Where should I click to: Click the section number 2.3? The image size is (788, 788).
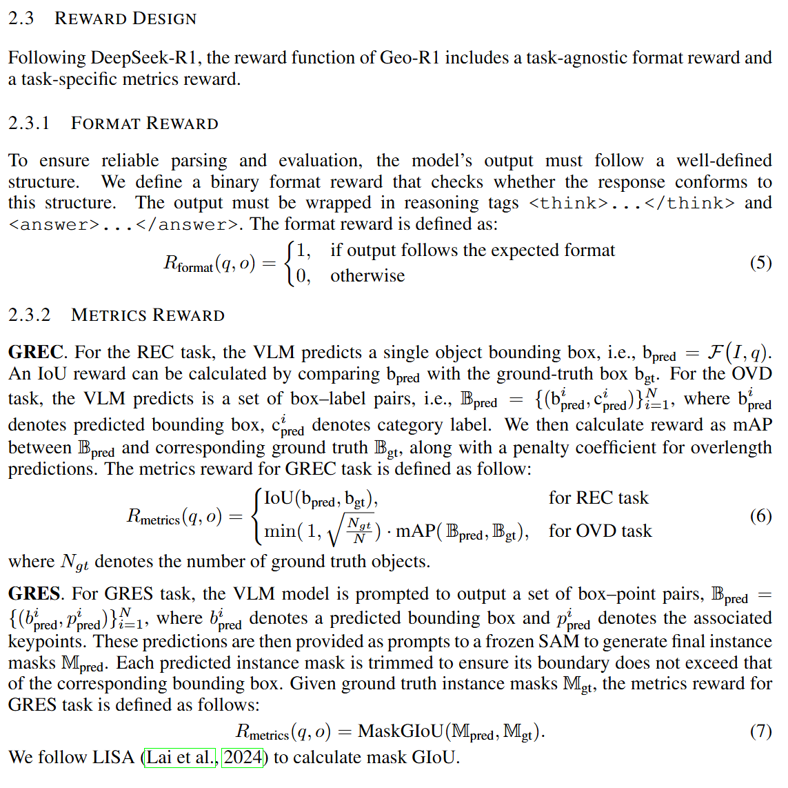pyautogui.click(x=21, y=19)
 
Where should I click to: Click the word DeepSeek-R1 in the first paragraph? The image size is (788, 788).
pyautogui.click(x=146, y=57)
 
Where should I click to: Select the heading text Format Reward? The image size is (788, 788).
pyautogui.click(x=144, y=124)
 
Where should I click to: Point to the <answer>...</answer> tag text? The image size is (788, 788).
pyautogui.click(x=125, y=225)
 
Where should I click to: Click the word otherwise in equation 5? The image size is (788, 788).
pyautogui.click(x=367, y=276)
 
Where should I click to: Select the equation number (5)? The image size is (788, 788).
pyautogui.click(x=760, y=262)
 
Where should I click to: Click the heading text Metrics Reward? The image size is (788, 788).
pyautogui.click(x=148, y=315)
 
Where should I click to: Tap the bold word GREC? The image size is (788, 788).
pyautogui.click(x=36, y=353)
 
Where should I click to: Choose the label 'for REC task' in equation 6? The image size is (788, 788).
pyautogui.click(x=598, y=498)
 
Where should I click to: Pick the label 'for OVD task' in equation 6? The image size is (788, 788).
pyautogui.click(x=600, y=531)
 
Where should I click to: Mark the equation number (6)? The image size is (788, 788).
pyautogui.click(x=760, y=515)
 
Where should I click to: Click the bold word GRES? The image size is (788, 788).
pyautogui.click(x=34, y=594)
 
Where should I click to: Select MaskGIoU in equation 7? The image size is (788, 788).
pyautogui.click(x=401, y=731)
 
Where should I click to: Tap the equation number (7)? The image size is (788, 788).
pyautogui.click(x=760, y=731)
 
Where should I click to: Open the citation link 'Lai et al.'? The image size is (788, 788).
pyautogui.click(x=181, y=758)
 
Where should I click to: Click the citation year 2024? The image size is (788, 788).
pyautogui.click(x=243, y=758)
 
